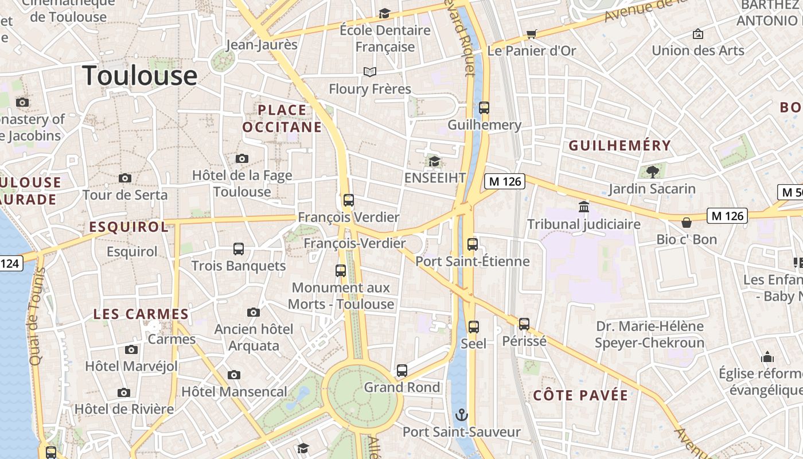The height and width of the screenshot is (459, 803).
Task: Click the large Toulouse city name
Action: pos(139,76)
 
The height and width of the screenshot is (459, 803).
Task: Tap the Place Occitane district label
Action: pos(282,118)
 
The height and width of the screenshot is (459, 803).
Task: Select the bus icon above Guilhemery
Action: pos(484,108)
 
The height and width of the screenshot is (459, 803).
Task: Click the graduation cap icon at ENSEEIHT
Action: pos(434,161)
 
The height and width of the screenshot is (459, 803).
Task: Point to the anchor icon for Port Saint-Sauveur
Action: pos(461,415)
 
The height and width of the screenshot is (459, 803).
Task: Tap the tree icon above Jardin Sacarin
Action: pos(652,171)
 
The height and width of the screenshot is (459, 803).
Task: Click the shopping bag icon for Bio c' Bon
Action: pos(687,222)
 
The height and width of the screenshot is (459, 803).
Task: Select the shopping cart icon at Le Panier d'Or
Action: pos(532,34)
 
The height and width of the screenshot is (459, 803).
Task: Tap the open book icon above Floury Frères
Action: pos(370,72)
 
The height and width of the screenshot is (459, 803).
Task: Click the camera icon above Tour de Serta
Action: pos(124,178)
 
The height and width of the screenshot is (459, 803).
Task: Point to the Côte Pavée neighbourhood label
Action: pos(580,395)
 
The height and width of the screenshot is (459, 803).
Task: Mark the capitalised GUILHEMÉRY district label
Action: pos(619,146)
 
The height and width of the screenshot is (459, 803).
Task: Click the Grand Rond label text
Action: pos(402,387)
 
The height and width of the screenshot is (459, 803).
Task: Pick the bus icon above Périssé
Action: pos(524,324)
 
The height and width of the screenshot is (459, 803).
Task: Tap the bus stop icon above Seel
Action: pos(473,327)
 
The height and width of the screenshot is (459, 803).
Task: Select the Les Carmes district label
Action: pos(141,314)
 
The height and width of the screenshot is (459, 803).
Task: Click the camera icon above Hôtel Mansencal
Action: pos(233,375)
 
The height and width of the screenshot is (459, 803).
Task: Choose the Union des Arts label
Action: pos(698,50)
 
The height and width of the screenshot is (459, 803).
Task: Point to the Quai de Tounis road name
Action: pos(37,316)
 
